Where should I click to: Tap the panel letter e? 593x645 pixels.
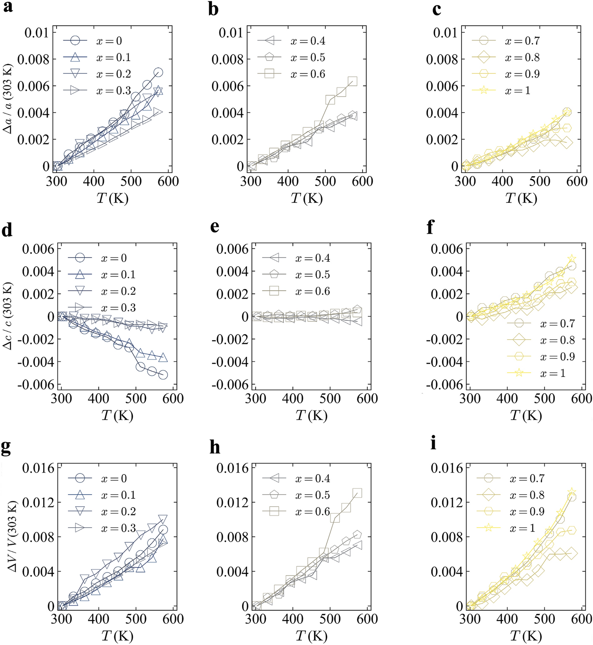pyautogui.click(x=215, y=227)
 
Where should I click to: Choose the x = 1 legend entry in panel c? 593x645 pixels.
pyautogui.click(x=505, y=90)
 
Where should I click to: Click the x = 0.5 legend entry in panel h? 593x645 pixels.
pyautogui.click(x=296, y=495)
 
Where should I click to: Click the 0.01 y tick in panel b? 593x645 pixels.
pyautogui.click(x=231, y=33)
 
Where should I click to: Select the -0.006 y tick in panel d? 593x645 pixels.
pyautogui.click(x=38, y=384)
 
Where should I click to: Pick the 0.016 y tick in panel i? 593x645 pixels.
pyautogui.click(x=447, y=468)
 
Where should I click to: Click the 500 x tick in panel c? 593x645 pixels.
pyautogui.click(x=539, y=181)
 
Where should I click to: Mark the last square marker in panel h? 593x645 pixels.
pyautogui.click(x=357, y=493)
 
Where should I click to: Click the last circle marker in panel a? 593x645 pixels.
pyautogui.click(x=158, y=72)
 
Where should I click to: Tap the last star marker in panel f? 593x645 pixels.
pyautogui.click(x=572, y=259)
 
